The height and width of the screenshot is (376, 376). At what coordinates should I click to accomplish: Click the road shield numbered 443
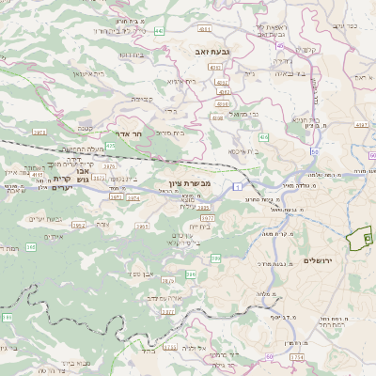click(x=159, y=31)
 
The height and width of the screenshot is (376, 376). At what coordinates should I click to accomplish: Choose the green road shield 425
click(x=111, y=146)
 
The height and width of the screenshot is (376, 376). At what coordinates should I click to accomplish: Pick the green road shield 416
click(x=38, y=174)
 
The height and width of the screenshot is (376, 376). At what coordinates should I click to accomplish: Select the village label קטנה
click(x=85, y=127)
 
